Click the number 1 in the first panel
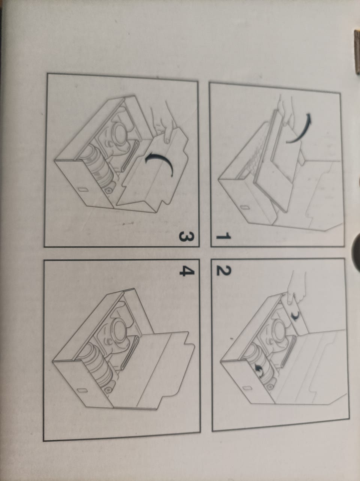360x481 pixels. tap(223, 237)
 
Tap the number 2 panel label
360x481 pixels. tap(223, 271)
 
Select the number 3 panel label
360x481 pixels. tap(186, 237)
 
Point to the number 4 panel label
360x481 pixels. tap(187, 271)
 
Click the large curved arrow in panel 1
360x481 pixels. tap(301, 129)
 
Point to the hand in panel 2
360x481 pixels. tap(296, 287)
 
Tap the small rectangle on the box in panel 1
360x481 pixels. tap(244, 207)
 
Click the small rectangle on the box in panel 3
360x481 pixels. tap(82, 189)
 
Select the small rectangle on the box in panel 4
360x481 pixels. tap(82, 390)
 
